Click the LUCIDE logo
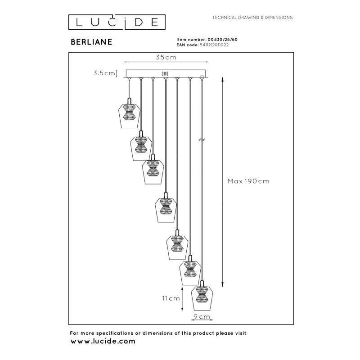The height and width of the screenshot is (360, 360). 117,21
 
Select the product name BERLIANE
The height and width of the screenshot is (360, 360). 92,41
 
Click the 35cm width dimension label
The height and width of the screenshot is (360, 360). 166,58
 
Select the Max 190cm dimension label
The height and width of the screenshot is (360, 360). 248,181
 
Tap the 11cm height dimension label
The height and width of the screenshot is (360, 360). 171,298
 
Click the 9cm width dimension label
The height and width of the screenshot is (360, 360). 202,317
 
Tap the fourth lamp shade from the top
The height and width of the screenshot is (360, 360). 165,209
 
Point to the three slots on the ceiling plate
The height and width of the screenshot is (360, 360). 165,73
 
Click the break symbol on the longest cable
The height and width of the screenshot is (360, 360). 202,140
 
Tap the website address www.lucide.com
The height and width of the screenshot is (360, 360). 103,342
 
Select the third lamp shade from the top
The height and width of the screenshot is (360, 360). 153,171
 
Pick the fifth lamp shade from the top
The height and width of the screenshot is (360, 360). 177,247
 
